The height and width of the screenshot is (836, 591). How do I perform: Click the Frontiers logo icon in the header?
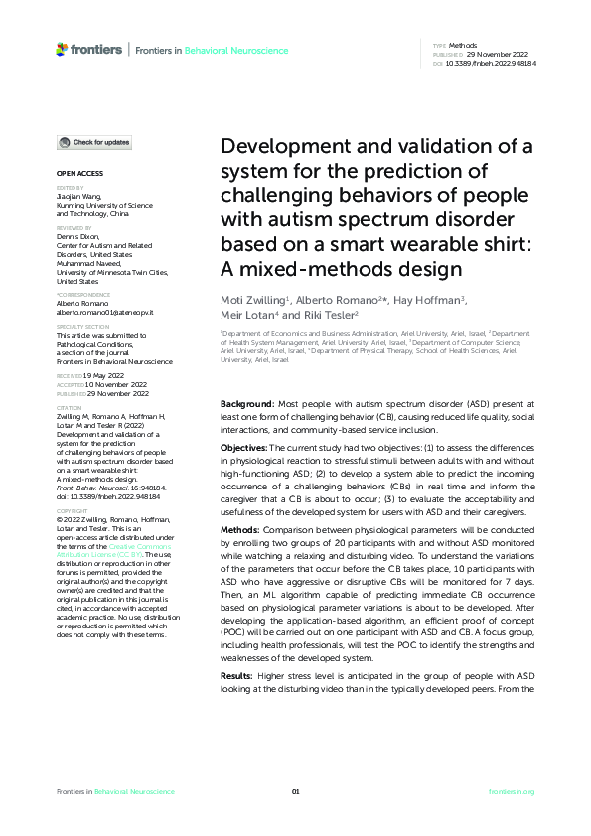[x=63, y=49]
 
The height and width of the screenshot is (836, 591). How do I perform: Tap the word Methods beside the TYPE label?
[x=463, y=46]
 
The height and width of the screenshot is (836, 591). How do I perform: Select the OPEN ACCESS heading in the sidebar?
[x=75, y=173]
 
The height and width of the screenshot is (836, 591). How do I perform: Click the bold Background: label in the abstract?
[x=247, y=404]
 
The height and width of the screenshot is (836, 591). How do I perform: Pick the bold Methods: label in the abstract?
[x=242, y=530]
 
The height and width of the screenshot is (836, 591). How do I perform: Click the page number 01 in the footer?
[x=295, y=791]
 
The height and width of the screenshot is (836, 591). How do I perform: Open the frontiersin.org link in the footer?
[x=512, y=791]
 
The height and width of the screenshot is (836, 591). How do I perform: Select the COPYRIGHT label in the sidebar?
[x=72, y=485]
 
